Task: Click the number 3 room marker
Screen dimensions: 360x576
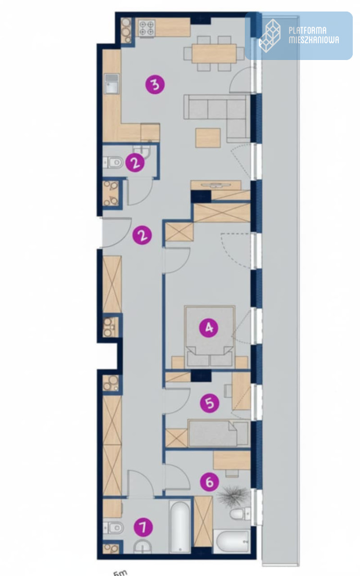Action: [155, 84]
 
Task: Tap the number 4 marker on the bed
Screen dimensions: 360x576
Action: [209, 328]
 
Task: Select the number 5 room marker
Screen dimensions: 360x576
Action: [210, 403]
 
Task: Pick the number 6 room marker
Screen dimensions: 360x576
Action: [210, 481]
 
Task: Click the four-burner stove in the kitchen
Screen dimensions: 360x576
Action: [147, 28]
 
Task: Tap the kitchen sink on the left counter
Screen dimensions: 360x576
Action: [112, 84]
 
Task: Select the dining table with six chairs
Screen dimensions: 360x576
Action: [214, 53]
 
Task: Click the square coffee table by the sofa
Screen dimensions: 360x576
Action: [208, 138]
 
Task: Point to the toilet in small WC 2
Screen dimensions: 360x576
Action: [113, 163]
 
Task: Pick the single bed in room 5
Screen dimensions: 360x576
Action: [219, 433]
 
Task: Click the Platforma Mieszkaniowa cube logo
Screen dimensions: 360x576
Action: [269, 36]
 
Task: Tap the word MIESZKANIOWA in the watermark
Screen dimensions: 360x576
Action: [314, 40]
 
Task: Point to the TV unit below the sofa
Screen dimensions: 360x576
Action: [216, 184]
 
